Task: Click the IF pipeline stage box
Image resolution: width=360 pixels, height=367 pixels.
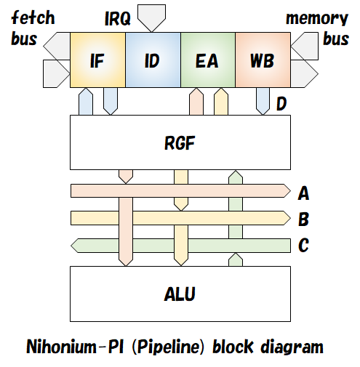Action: point(97,61)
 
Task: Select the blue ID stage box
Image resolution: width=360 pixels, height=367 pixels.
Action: point(152,61)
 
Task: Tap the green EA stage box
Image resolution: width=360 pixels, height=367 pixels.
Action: point(207,61)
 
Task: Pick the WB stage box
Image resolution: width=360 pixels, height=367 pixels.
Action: point(262,61)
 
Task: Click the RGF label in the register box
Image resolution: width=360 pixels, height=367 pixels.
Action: point(180,143)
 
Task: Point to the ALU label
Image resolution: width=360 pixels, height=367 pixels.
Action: point(180,294)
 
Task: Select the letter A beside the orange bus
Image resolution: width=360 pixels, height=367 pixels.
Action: point(304,193)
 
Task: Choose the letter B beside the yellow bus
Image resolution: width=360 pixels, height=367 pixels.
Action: point(304,219)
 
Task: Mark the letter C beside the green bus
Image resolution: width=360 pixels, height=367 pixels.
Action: point(304,246)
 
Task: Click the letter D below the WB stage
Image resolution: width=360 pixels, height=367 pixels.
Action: point(281,106)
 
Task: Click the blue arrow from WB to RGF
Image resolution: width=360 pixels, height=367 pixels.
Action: point(262,101)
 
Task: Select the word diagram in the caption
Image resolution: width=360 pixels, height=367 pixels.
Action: point(287,347)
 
